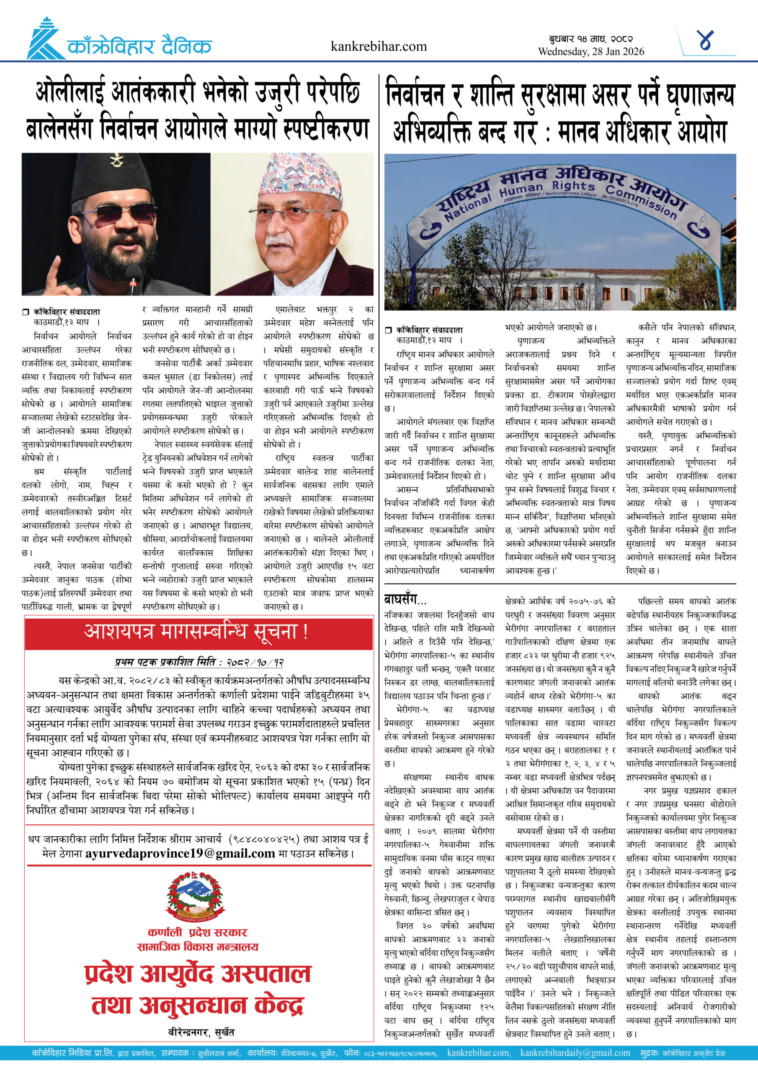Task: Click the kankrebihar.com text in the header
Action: pyautogui.click(x=378, y=47)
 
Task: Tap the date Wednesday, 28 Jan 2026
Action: pyautogui.click(x=591, y=52)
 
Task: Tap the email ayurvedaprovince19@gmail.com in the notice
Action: pyautogui.click(x=180, y=853)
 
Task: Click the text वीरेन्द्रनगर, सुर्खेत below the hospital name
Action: pyautogui.click(x=201, y=1032)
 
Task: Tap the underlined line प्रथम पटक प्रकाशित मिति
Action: pyautogui.click(x=199, y=662)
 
